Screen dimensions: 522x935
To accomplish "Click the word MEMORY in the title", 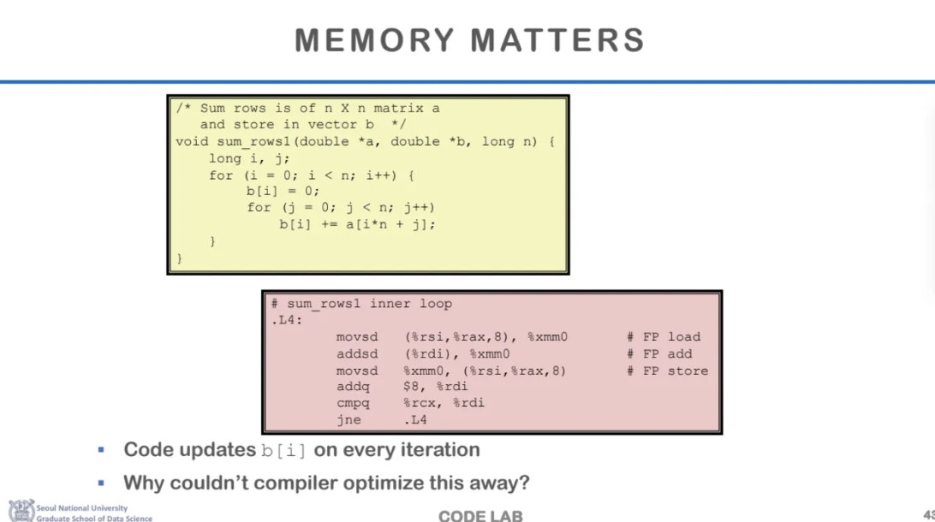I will [375, 40].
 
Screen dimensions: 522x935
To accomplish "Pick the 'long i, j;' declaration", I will [250, 158].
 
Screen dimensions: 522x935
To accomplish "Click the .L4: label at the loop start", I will [287, 320].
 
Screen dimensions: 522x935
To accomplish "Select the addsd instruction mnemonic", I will [356, 353].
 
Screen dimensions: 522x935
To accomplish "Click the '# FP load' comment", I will [664, 337].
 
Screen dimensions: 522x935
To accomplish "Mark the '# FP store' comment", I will [668, 371].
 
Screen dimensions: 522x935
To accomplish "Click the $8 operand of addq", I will [413, 387].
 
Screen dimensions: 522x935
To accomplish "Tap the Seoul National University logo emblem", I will [21, 511].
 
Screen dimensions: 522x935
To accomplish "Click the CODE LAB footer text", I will [480, 515].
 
